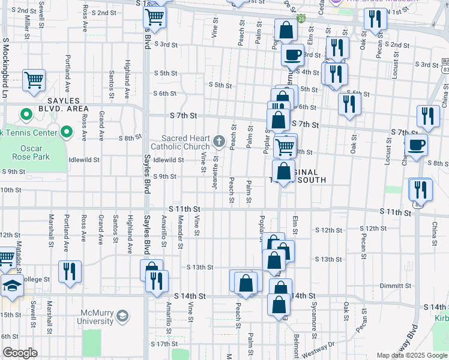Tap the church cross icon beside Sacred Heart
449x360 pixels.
[219, 142]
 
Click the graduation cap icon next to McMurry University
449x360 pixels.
[122, 316]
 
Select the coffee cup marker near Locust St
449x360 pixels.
[416, 144]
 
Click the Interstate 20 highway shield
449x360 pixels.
[301, 19]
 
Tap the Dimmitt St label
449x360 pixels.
[397, 286]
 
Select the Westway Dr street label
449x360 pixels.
[319, 345]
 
